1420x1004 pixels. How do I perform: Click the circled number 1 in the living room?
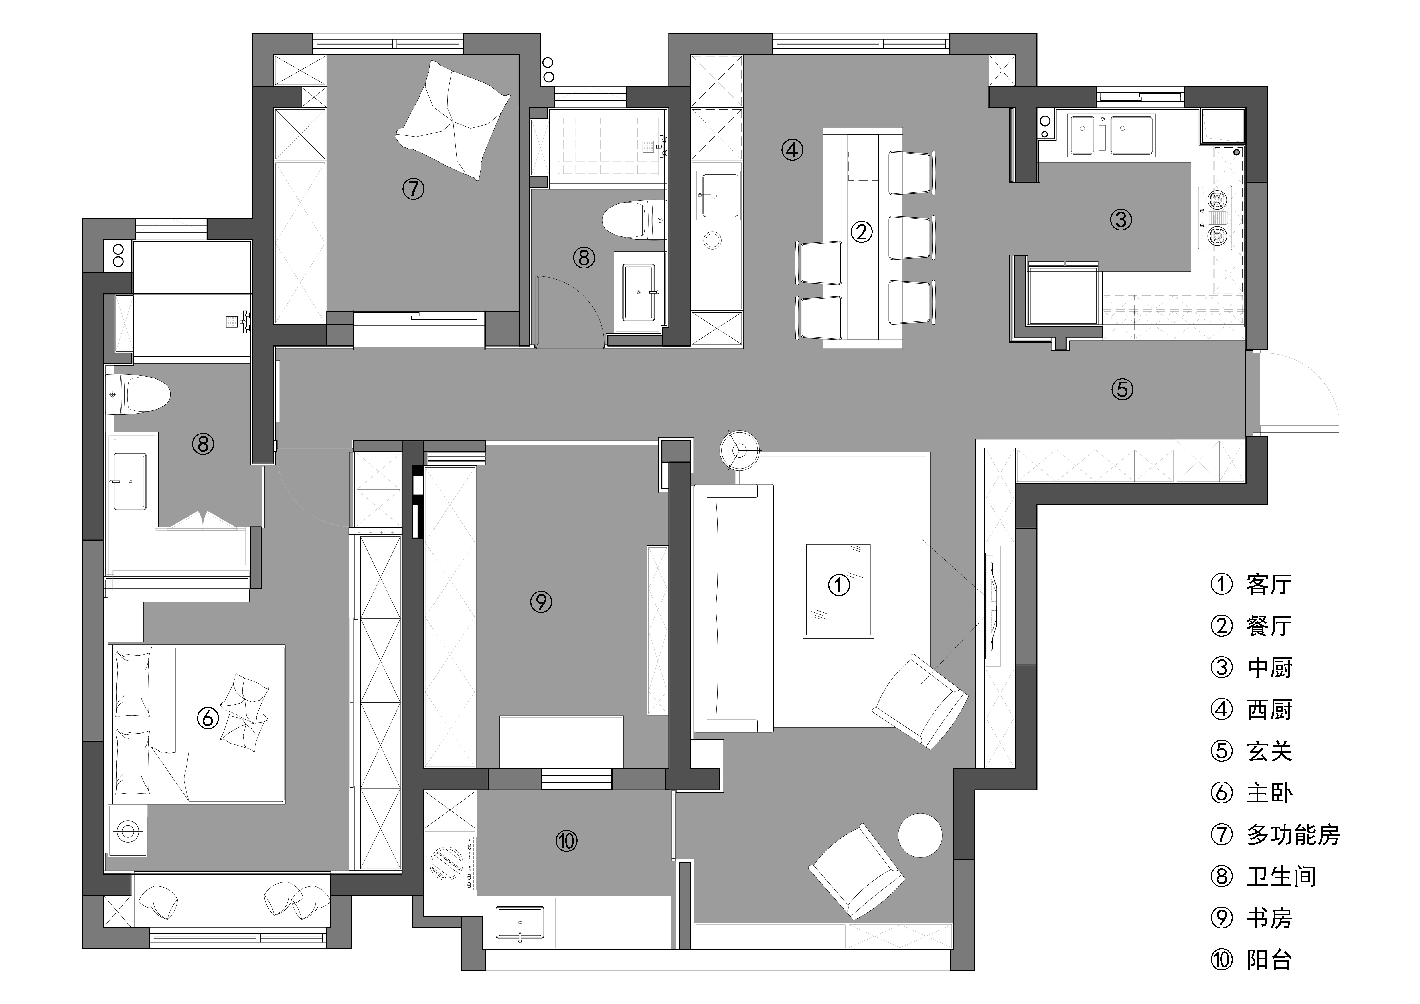coord(839,585)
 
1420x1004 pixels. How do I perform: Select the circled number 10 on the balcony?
coord(566,841)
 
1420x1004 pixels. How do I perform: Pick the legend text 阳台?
coord(1269,959)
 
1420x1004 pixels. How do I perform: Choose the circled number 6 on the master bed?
coord(208,718)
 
